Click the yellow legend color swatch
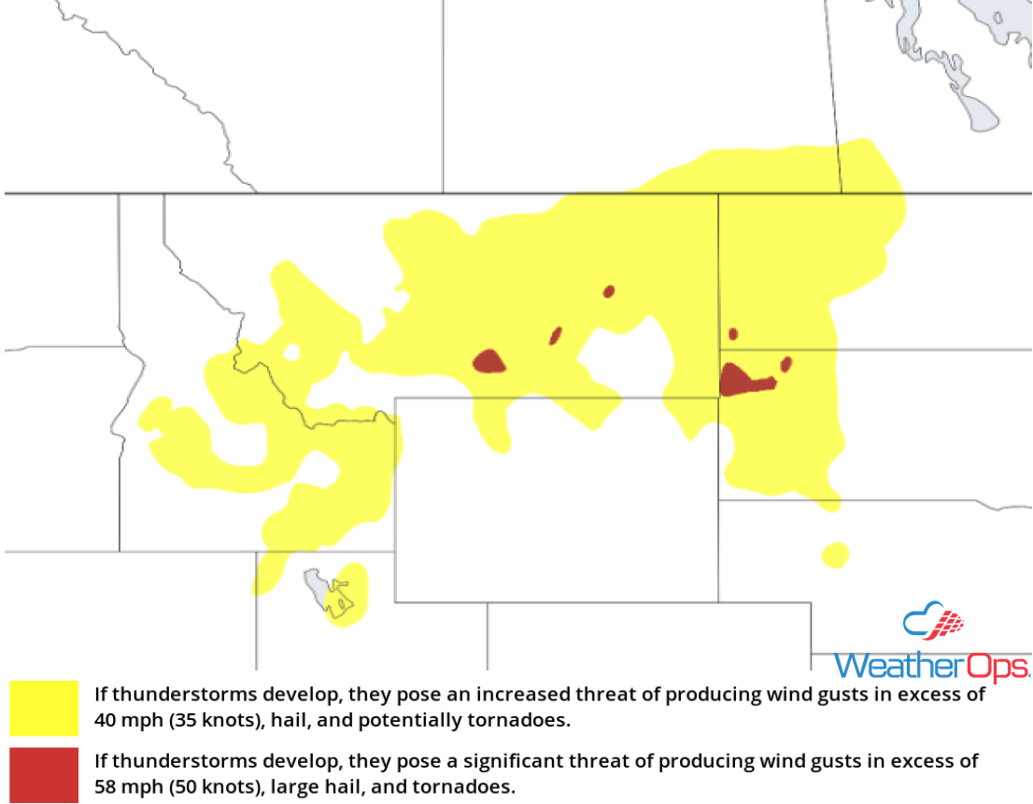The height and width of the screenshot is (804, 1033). coord(44,709)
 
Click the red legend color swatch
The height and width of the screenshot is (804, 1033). coord(44,774)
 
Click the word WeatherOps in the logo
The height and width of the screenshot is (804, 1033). coord(931,665)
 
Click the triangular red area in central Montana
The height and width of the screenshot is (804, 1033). coord(488,361)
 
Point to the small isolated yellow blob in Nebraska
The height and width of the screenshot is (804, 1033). coord(835,556)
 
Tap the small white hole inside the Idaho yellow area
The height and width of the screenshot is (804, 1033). coord(291,352)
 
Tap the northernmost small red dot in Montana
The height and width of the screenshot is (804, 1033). coord(609,291)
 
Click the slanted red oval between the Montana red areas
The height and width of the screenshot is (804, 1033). coord(556,335)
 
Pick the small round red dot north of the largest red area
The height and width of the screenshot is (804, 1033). coord(733,333)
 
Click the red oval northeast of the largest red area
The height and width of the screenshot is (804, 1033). coord(786,363)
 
